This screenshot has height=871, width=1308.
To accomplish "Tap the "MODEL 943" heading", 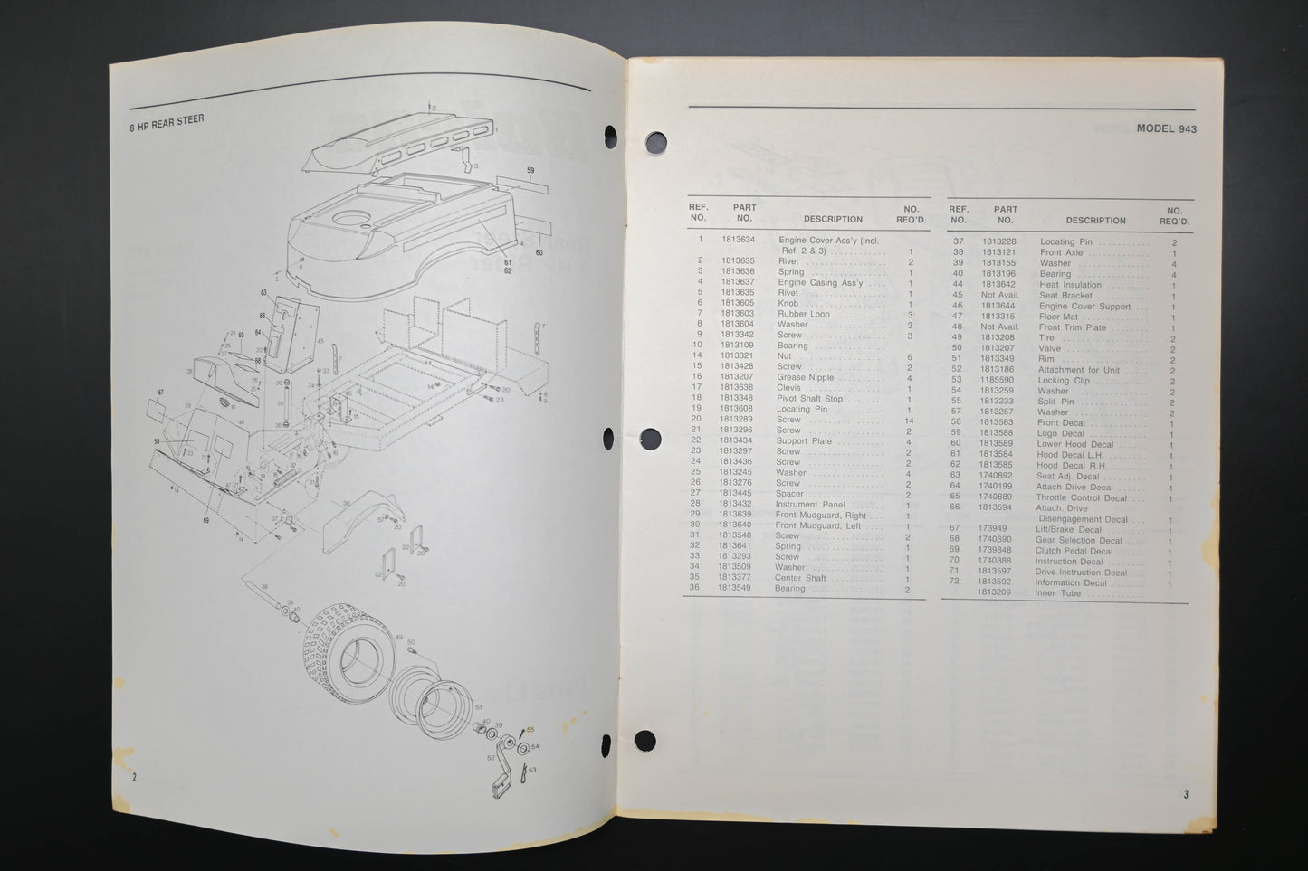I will point(1166,129).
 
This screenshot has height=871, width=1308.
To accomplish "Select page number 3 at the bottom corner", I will point(1185,795).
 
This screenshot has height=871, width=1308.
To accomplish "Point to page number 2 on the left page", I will point(134,777).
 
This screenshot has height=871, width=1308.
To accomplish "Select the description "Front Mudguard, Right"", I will point(820,515).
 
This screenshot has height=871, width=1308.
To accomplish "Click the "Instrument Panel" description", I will point(809,504).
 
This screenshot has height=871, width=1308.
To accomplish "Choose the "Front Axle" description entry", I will point(1061,253).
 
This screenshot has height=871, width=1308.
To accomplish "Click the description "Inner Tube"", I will point(1057,593).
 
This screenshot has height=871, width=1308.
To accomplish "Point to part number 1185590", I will point(998,381).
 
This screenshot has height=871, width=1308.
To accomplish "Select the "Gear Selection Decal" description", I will point(1078,540).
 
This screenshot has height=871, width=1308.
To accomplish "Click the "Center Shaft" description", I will point(800,578).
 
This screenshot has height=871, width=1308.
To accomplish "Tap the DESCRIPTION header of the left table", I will point(833,219).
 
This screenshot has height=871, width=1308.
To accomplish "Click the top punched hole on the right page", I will point(655,142).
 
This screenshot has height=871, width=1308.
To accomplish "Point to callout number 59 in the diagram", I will point(530,170).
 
